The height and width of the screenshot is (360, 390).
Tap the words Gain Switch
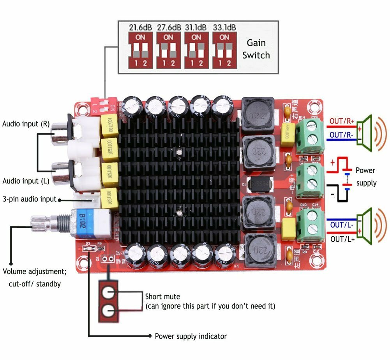click(x=256, y=49)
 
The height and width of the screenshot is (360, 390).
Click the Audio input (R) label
click(x=26, y=124)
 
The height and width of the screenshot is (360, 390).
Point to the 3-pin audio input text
click(x=29, y=199)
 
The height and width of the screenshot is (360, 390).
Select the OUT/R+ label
click(x=342, y=121)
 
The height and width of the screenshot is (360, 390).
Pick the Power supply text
click(x=365, y=176)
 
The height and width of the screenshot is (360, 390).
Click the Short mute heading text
click(x=162, y=297)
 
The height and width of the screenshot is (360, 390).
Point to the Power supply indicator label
click(x=191, y=336)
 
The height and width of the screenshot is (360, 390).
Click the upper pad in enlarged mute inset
click(x=108, y=291)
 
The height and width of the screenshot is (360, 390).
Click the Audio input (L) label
click(x=26, y=181)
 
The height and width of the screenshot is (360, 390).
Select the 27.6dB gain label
click(x=169, y=28)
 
